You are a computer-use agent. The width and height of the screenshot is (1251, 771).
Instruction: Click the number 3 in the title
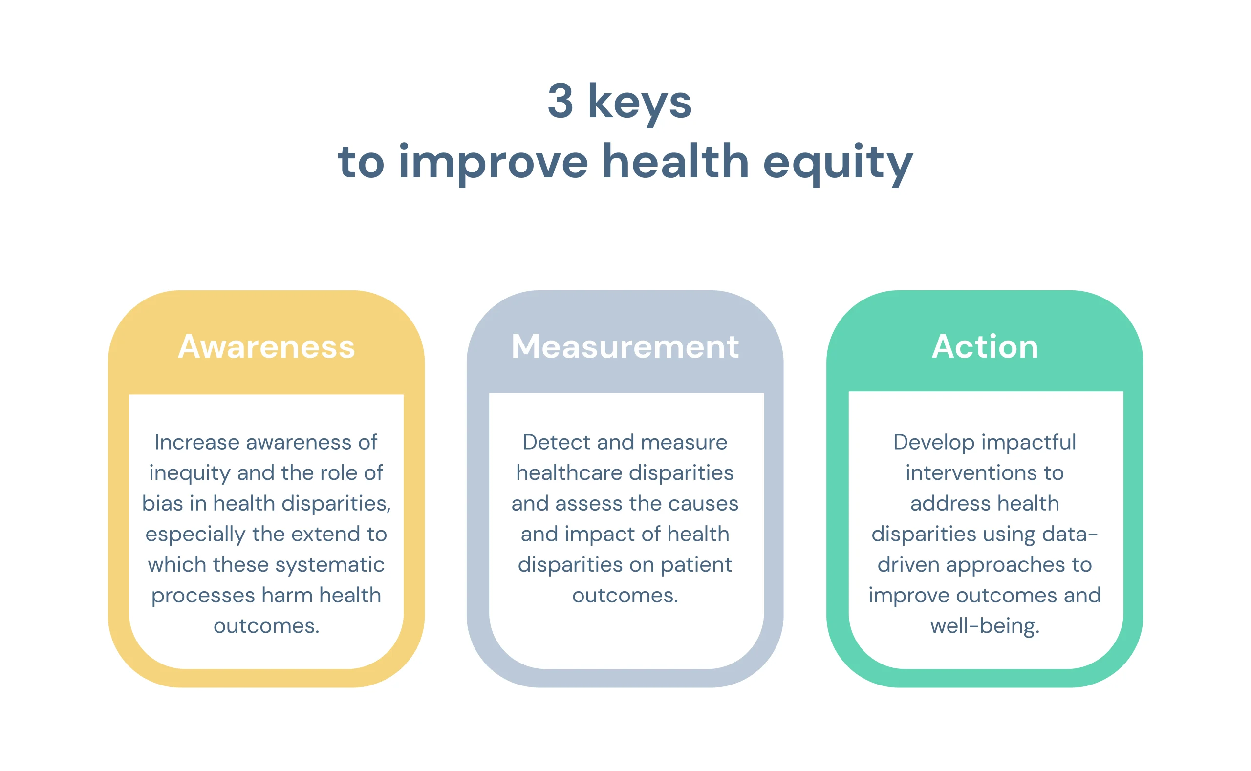561,101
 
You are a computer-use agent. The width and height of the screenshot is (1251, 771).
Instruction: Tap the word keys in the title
640,104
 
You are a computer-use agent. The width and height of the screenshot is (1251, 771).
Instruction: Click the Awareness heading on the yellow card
266,347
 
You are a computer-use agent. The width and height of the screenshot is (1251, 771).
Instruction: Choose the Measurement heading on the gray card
625,347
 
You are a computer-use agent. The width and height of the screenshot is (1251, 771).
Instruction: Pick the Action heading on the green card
985,347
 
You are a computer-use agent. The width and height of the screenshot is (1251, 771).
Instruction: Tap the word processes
203,596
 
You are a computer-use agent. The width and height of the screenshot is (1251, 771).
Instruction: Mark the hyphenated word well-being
985,627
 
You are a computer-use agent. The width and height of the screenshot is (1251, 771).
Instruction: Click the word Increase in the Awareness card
197,442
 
